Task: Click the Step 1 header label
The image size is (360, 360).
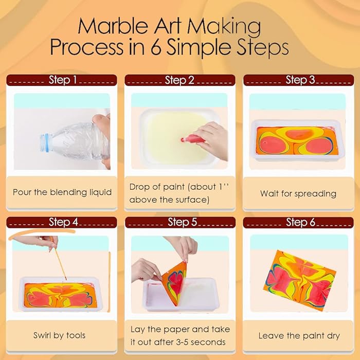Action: [x=62, y=80]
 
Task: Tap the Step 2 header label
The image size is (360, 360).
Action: [x=179, y=80]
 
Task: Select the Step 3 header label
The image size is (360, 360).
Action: [x=300, y=80]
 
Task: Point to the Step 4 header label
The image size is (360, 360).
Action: [x=63, y=222]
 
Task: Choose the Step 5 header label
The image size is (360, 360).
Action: [x=182, y=222]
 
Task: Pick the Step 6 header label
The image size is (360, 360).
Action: [x=300, y=222]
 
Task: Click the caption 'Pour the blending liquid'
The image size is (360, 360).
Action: [x=62, y=192]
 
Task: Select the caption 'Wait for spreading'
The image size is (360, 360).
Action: [x=298, y=193]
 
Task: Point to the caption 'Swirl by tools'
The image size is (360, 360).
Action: [x=60, y=335]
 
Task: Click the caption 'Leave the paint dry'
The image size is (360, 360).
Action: [x=299, y=336]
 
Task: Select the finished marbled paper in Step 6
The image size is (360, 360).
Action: [x=300, y=281]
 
